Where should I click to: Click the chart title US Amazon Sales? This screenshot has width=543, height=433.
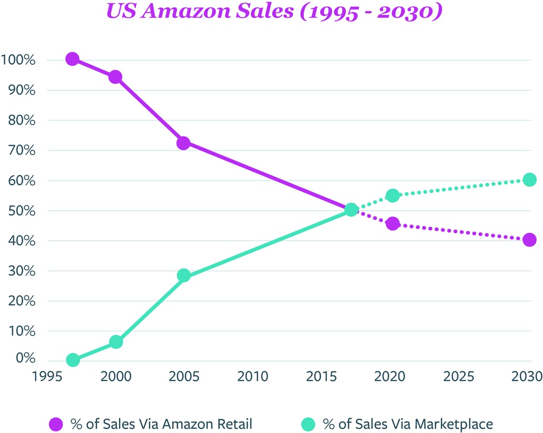[x=274, y=12]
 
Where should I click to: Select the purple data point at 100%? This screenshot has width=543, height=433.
[x=73, y=59]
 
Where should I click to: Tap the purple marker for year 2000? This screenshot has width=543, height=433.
[x=115, y=77]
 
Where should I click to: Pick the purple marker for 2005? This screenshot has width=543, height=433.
[x=183, y=143]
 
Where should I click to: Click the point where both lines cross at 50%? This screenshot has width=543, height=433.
[x=351, y=210]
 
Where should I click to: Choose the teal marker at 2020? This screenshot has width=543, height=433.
[x=393, y=196]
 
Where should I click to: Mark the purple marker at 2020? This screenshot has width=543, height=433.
[x=393, y=224]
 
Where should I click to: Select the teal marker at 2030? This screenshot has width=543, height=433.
[x=529, y=180]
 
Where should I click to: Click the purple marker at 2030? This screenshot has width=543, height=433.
[x=529, y=240]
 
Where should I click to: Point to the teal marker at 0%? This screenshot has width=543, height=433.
[x=73, y=360]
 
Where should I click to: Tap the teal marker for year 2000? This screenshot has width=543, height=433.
[x=115, y=342]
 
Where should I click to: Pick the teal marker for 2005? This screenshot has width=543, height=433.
[x=183, y=275]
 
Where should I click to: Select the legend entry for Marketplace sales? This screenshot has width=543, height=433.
[x=396, y=424]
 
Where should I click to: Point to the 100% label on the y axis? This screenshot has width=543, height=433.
[x=19, y=60]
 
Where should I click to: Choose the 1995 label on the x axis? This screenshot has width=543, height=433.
[x=47, y=377]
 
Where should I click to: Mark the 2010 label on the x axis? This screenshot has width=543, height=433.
[x=252, y=377]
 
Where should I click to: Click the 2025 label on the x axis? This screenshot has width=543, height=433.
[x=458, y=377]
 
